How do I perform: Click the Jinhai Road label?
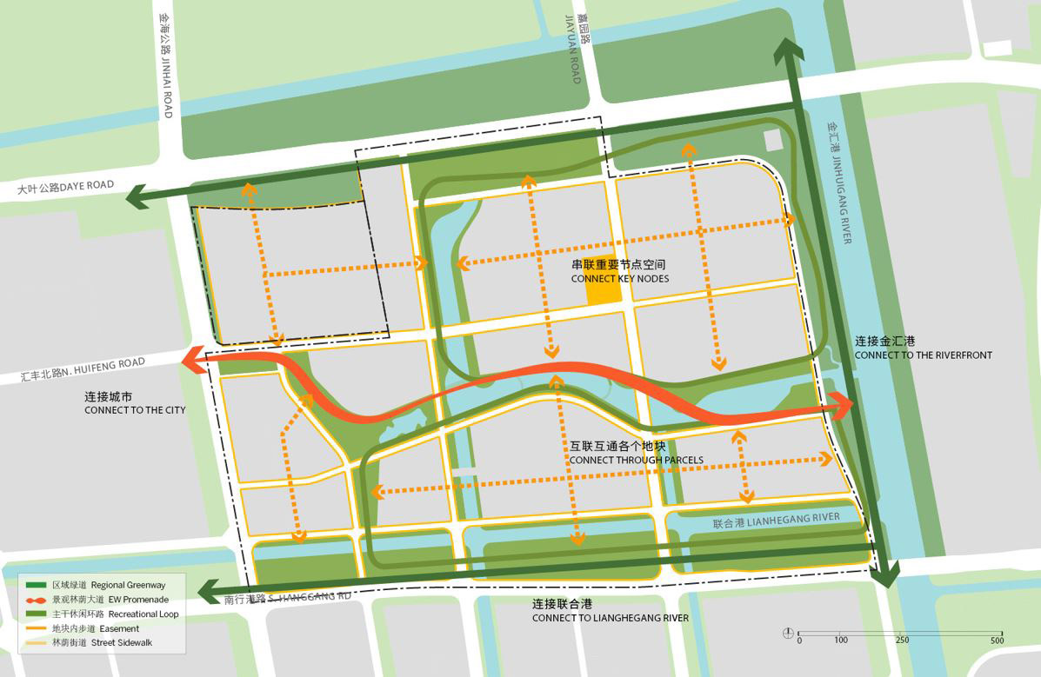click(164, 66)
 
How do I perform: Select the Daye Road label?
click(66, 187)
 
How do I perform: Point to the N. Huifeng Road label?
click(83, 369)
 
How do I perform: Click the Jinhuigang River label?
click(841, 182)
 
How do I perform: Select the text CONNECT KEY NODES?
click(620, 278)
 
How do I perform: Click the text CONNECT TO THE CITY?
click(135, 409)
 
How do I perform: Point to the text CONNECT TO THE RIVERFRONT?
click(923, 355)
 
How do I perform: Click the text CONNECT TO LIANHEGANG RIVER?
click(610, 618)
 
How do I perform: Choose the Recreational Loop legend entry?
click(108, 614)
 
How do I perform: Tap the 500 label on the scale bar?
click(996, 640)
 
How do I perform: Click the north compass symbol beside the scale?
click(787, 632)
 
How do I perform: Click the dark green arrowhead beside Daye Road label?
click(137, 197)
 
